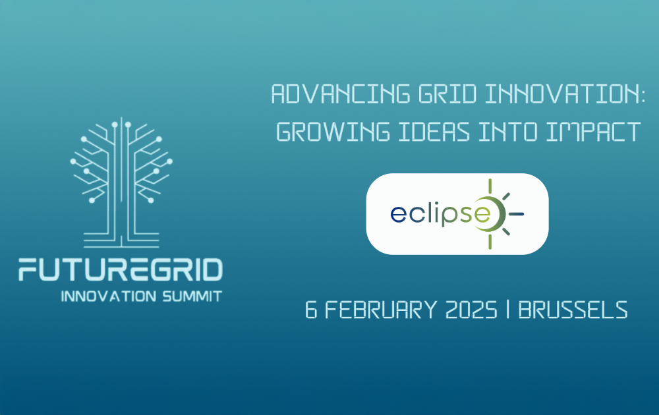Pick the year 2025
(469, 310)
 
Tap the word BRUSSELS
(573, 310)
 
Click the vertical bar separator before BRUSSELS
(508, 310)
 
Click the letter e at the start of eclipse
(397, 215)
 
